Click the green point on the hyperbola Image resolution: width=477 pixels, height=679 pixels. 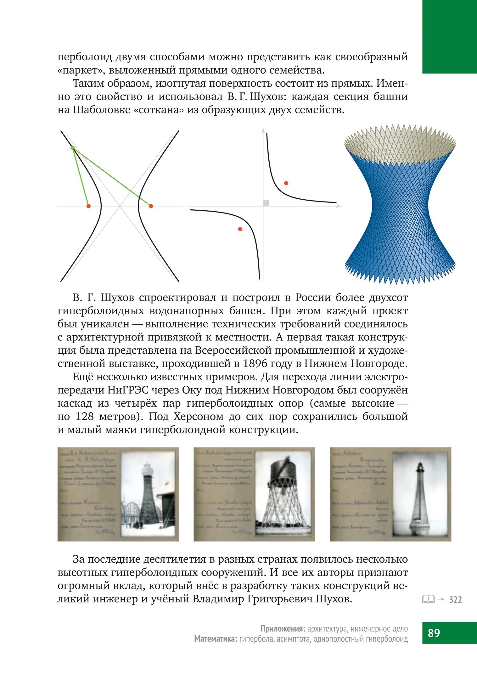pyautogui.click(x=73, y=147)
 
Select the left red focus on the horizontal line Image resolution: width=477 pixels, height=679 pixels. pyautogui.click(x=88, y=206)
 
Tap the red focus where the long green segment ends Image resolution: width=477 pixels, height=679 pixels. pyautogui.click(x=151, y=206)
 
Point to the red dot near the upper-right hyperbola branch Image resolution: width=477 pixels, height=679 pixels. pyautogui.click(x=286, y=183)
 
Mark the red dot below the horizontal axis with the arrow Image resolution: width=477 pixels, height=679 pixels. pyautogui.click(x=240, y=229)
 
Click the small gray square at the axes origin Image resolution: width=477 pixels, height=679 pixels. pyautogui.click(x=266, y=203)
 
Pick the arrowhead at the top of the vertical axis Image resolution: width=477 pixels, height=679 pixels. pyautogui.click(x=263, y=130)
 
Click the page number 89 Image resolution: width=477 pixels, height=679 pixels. pyautogui.click(x=434, y=633)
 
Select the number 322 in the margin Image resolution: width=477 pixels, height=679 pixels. pyautogui.click(x=455, y=600)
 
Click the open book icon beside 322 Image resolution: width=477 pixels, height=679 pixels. pyautogui.click(x=428, y=599)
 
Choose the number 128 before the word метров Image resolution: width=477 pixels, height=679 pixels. pyautogui.click(x=85, y=417)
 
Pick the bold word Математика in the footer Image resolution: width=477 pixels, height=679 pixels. pyautogui.click(x=216, y=639)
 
